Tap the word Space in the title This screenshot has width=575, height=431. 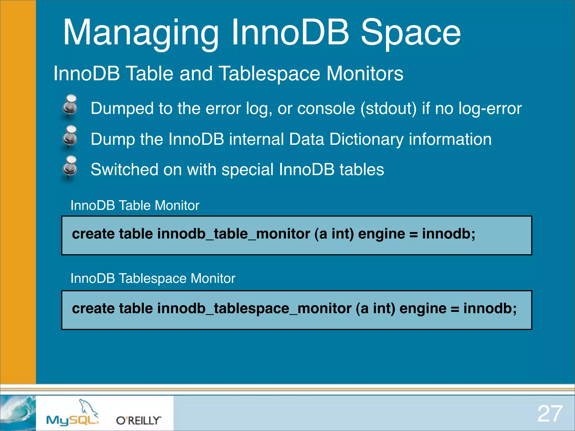(x=410, y=33)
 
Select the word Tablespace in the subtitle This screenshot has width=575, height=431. (x=269, y=74)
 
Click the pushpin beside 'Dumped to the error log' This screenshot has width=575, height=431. (x=70, y=106)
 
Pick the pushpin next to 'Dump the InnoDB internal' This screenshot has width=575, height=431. (x=70, y=137)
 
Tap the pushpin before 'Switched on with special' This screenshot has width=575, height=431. (x=70, y=167)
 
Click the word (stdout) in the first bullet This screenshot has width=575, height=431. (x=388, y=109)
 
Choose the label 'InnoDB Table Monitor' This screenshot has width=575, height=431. (x=135, y=205)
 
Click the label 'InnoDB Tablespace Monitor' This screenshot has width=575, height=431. (x=153, y=278)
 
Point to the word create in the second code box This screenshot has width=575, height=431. (x=93, y=308)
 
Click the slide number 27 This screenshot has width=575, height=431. (x=550, y=414)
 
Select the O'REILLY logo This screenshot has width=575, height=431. (x=138, y=420)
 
